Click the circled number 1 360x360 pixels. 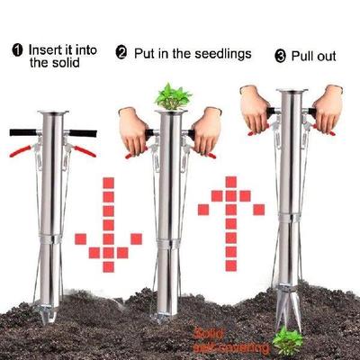(x=17, y=49)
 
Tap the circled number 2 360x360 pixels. (x=121, y=54)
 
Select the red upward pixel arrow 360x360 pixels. (x=230, y=216)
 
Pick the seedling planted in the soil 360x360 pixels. (x=288, y=339)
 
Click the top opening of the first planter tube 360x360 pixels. (x=52, y=112)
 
